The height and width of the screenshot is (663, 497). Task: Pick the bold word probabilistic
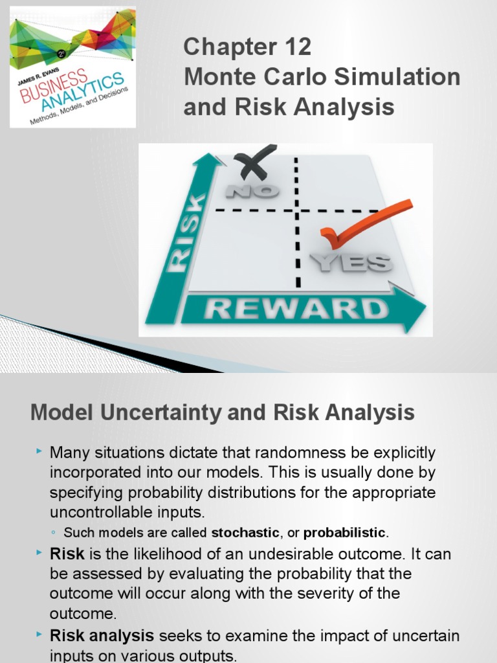click(x=344, y=534)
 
